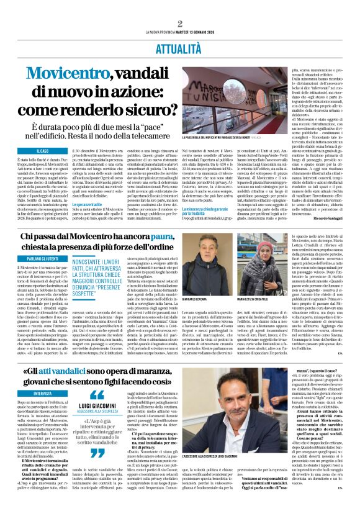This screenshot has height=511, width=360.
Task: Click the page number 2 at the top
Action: click(x=179, y=24)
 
